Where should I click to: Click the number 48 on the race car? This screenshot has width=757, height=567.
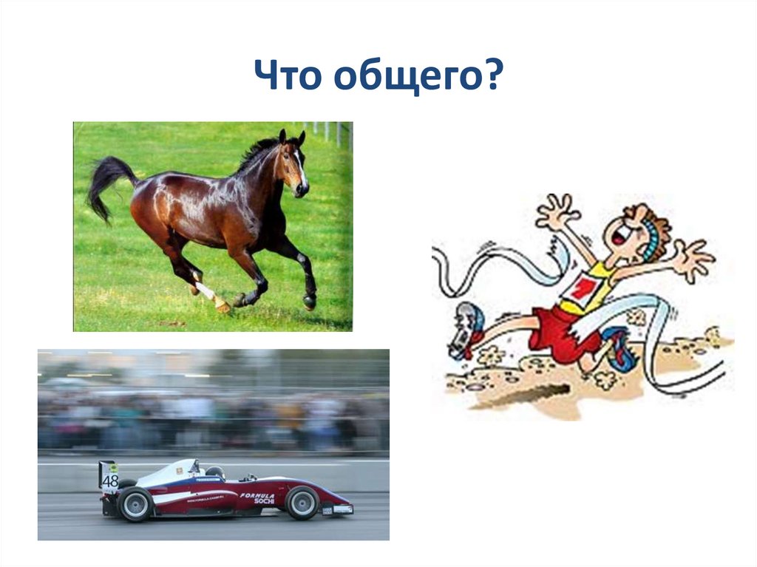110,481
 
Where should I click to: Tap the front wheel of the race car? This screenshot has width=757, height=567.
302,503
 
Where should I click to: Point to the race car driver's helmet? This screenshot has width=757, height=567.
215,472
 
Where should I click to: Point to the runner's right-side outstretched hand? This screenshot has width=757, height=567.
695,259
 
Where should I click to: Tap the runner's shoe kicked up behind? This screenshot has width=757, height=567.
466,330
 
